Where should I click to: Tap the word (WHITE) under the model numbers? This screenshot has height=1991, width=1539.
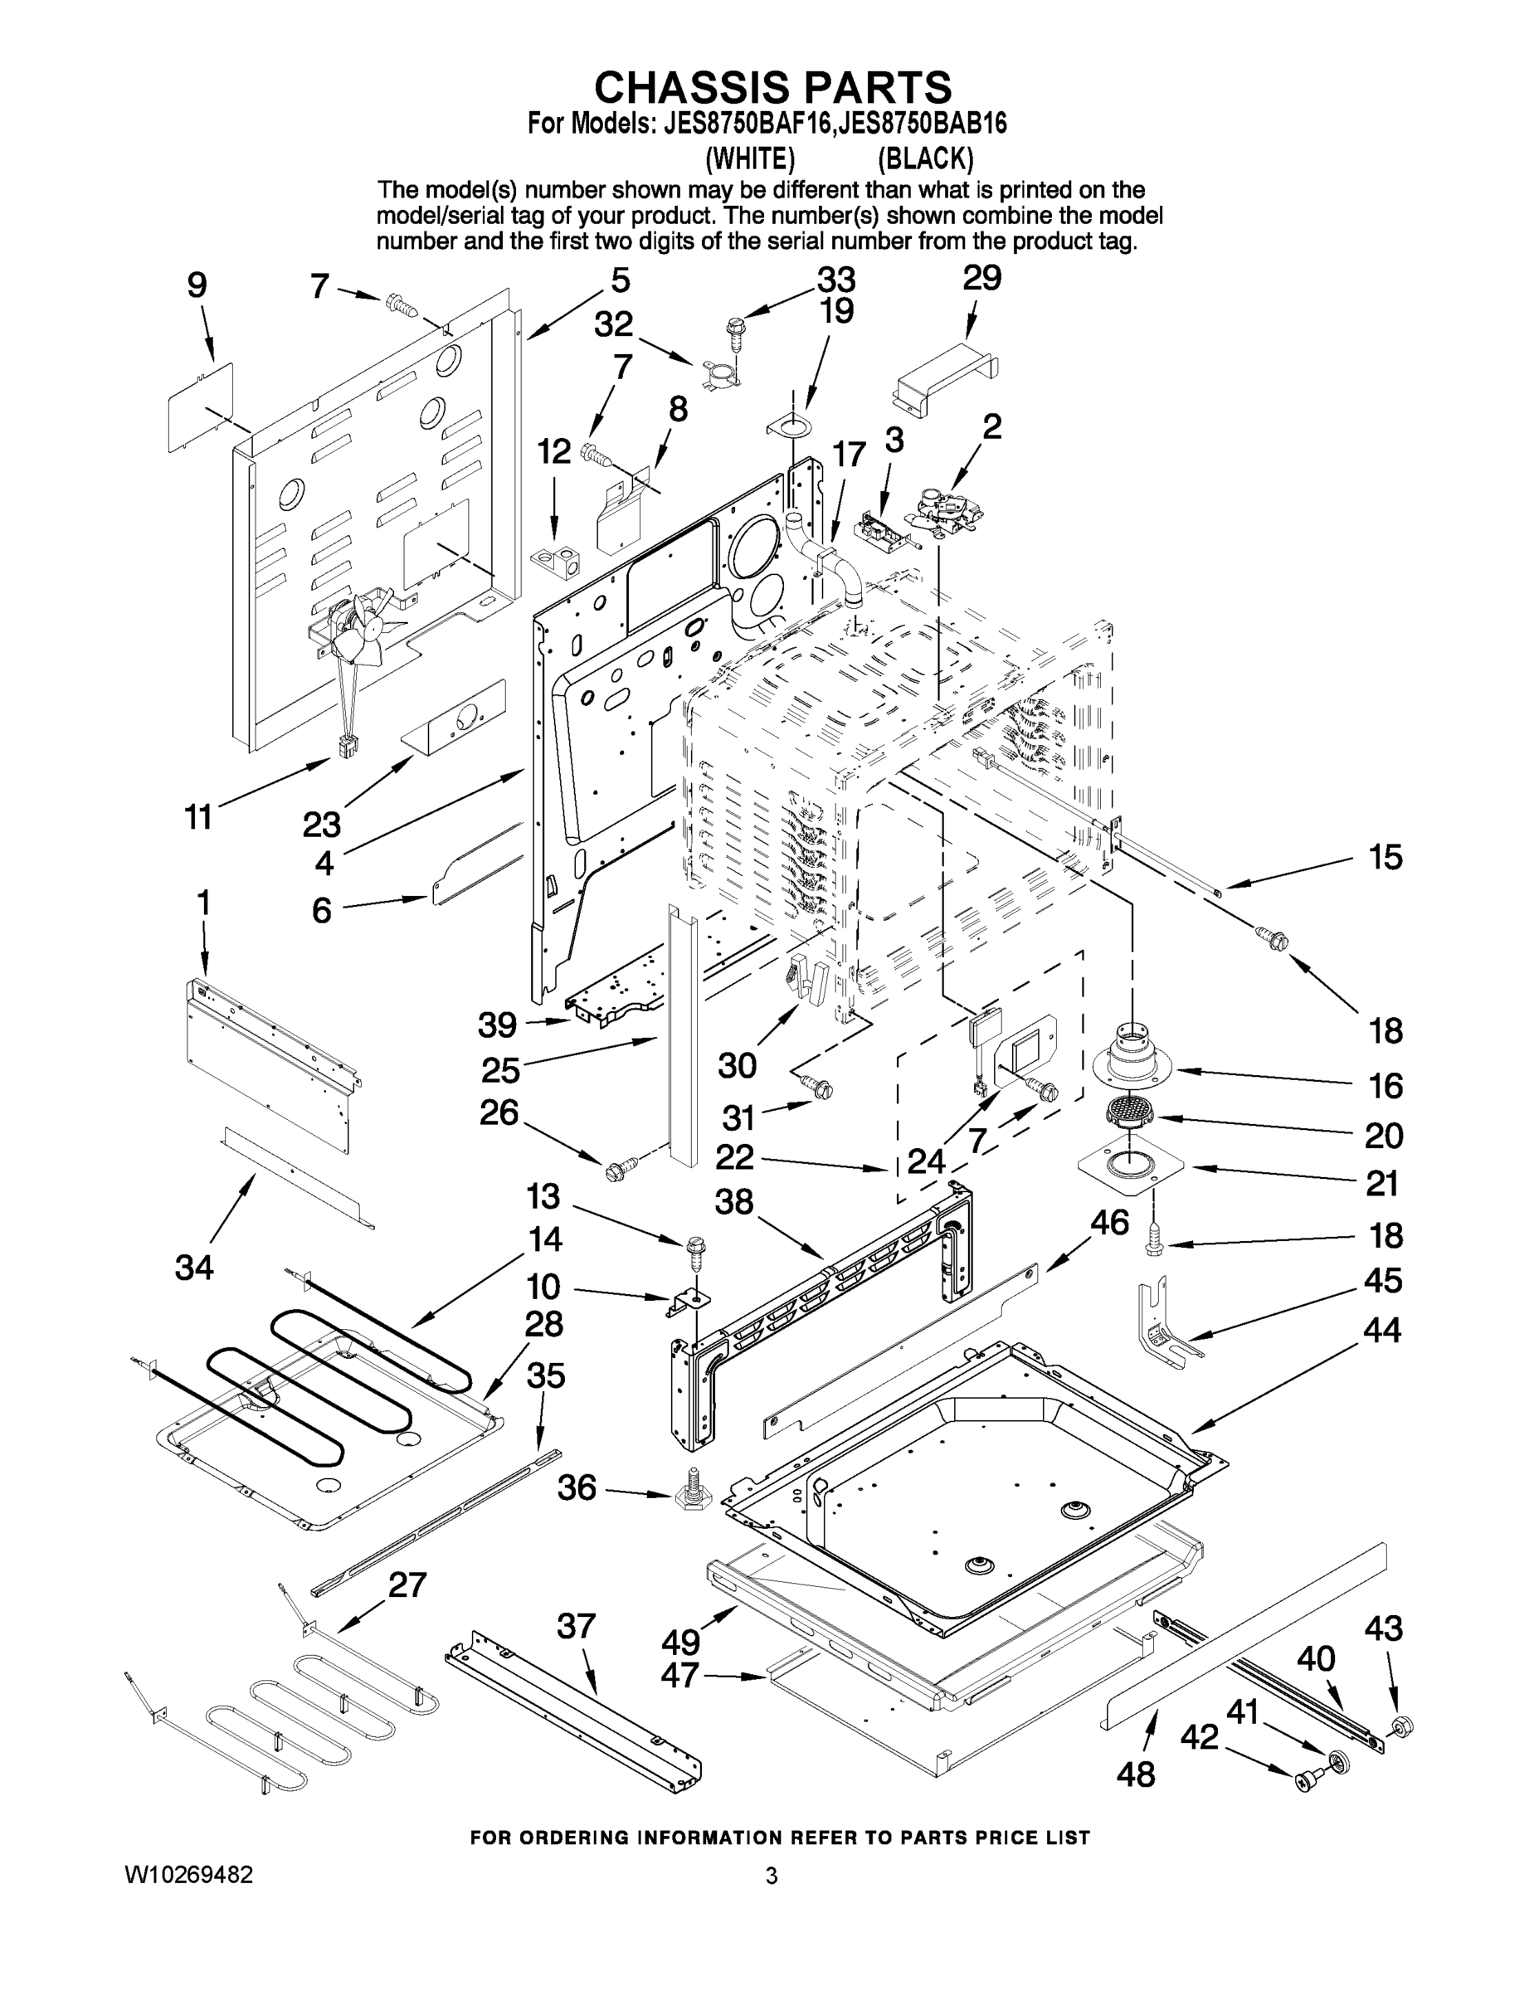click(750, 159)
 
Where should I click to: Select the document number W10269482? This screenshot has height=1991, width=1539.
click(188, 1875)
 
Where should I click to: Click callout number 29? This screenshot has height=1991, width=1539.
click(982, 278)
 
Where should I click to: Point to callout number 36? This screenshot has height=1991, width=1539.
click(577, 1487)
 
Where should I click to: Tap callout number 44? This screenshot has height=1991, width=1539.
click(1381, 1330)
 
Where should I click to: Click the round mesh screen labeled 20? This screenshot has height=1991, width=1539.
click(1128, 1113)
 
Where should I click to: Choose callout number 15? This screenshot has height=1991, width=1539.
click(1385, 857)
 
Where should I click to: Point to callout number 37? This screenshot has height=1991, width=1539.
click(577, 1625)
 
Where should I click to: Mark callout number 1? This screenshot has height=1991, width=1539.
click(202, 903)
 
